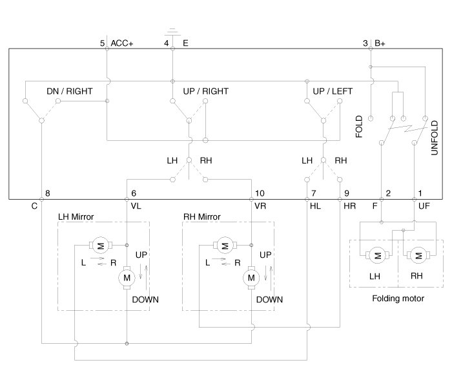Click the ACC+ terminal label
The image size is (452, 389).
tap(122, 43)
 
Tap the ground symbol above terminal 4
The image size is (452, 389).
tap(172, 31)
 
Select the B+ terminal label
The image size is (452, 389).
tap(380, 43)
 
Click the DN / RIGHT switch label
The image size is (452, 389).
tap(69, 91)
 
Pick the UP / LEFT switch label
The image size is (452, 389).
tap(333, 91)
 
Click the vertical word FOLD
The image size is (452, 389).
tap(360, 127)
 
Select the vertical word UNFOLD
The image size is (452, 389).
tap(435, 136)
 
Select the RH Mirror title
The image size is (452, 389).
tap(202, 216)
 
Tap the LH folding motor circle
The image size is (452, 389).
tap(376, 255)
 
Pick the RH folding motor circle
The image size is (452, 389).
tap(417, 255)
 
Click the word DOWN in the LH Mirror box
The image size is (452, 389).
tap(145, 300)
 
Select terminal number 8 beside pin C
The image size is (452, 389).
tap(47, 193)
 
